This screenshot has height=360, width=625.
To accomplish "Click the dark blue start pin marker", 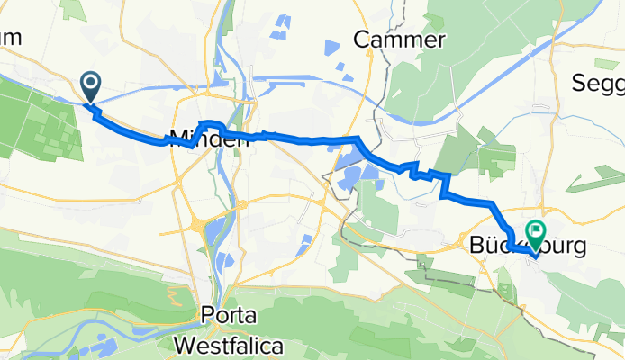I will click(x=92, y=87).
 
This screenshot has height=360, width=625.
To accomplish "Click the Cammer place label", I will click(x=400, y=40).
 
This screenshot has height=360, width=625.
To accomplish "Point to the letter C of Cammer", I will click(x=363, y=40).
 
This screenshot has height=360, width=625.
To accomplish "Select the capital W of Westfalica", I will click(x=186, y=345).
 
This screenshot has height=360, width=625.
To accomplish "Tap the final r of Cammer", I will click(x=440, y=40).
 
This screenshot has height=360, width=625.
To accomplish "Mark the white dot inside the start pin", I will click(x=92, y=84).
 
